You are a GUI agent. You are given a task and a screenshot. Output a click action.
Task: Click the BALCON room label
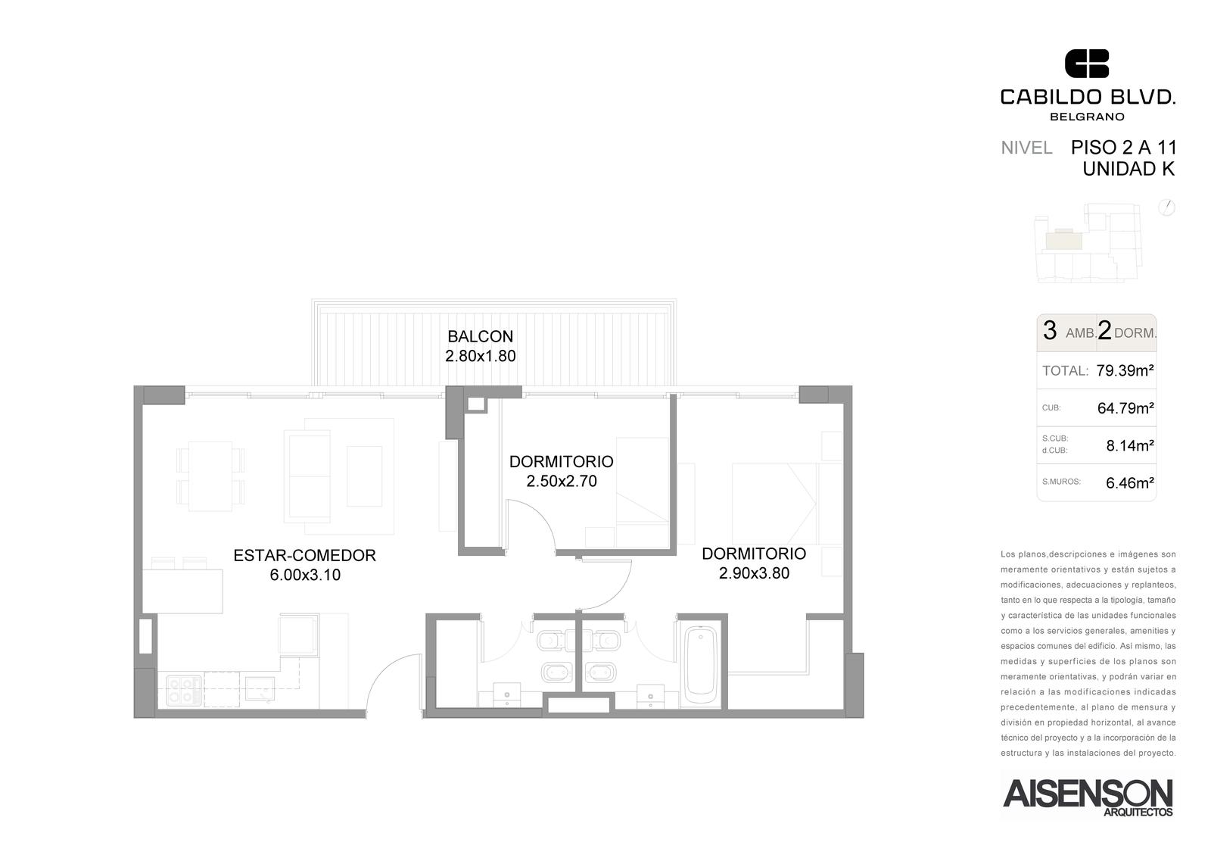480,336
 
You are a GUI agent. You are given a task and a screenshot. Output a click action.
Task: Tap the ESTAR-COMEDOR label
304,556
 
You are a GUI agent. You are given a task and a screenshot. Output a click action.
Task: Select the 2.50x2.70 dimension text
562,481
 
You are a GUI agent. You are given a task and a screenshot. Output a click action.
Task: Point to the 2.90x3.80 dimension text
754,573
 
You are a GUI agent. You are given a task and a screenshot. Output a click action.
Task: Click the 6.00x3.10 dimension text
305,575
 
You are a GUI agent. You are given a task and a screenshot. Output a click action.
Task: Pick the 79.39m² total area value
1125,370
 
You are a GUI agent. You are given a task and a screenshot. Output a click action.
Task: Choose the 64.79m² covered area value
1125,408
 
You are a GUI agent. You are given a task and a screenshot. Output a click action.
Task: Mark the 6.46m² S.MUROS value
1130,482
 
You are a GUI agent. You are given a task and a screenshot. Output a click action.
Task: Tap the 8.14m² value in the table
1130,445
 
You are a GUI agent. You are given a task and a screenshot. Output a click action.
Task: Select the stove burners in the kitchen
184,691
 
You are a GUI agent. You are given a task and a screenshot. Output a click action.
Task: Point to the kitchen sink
260,688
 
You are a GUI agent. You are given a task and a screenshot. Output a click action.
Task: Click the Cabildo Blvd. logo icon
1087,64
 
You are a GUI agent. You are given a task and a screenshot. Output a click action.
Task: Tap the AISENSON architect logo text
1088,794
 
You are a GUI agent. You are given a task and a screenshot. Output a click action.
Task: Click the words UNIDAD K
1129,170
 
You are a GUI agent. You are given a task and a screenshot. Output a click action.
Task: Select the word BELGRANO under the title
1086,117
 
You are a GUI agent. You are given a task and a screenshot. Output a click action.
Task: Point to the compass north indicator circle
1166,207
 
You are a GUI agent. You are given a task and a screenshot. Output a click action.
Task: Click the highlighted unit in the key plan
1064,240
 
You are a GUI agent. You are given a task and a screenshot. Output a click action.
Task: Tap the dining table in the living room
210,476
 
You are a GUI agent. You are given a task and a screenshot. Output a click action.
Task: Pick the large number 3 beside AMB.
1049,330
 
